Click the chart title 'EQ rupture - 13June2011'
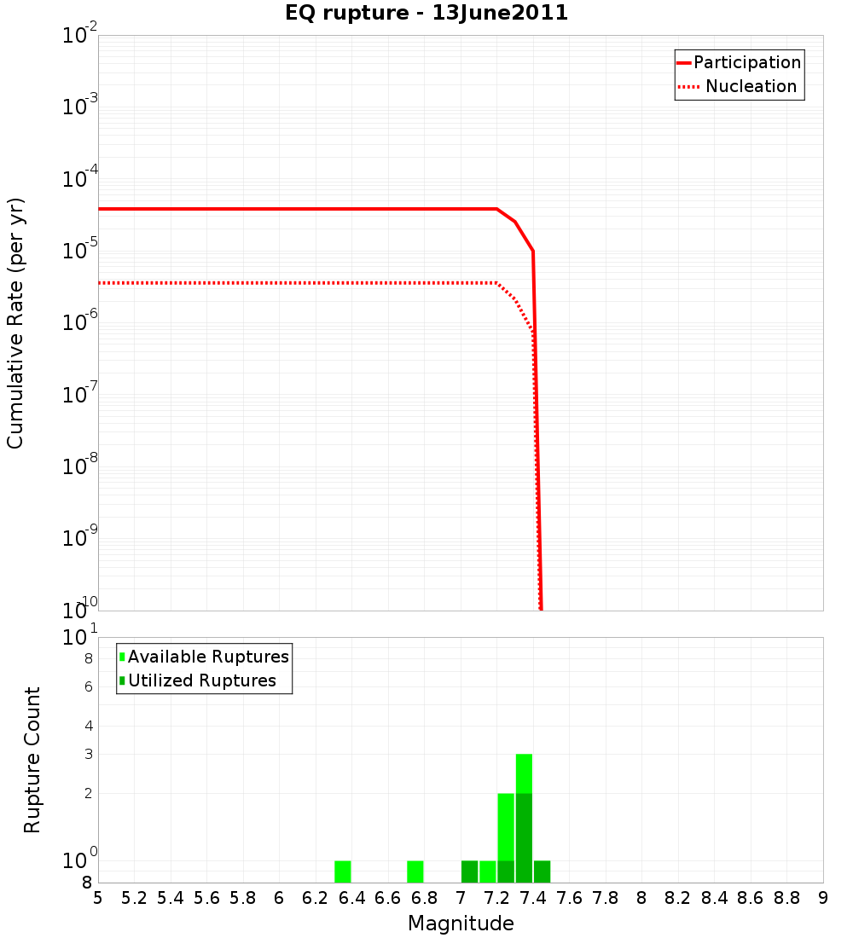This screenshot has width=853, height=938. [x=426, y=13]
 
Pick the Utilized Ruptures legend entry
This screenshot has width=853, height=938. [x=201, y=680]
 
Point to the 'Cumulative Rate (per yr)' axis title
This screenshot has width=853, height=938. [x=15, y=323]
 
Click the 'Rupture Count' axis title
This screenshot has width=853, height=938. [x=32, y=760]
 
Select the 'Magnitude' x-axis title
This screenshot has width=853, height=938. [x=461, y=924]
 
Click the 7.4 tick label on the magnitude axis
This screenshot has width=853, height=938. [x=533, y=898]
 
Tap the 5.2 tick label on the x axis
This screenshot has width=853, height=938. [x=134, y=898]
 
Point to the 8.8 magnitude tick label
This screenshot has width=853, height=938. [x=786, y=898]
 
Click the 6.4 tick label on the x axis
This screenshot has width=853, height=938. [x=351, y=898]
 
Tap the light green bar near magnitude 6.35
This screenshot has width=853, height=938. [x=343, y=871]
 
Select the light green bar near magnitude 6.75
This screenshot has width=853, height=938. [x=415, y=871]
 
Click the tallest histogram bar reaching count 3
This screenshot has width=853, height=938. [x=524, y=773]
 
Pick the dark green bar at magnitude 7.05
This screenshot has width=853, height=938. [x=469, y=871]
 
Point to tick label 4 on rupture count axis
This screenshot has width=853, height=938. [x=88, y=727]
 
